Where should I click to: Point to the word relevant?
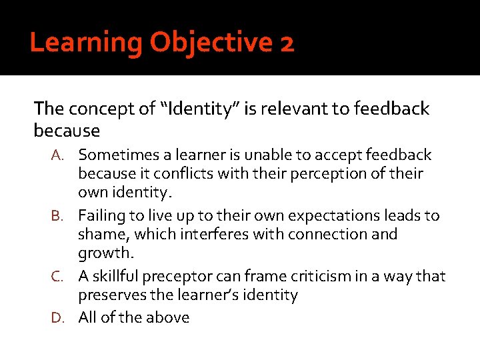pyautogui.click(x=301, y=108)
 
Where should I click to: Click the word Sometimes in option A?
pyautogui.click(x=115, y=155)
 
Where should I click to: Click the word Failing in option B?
pyautogui.click(x=100, y=216)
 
